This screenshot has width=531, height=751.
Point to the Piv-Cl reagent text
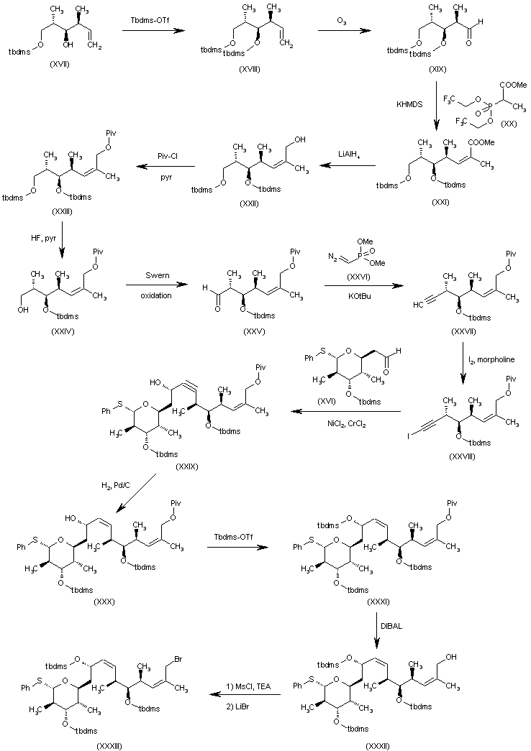coord(169,154)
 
